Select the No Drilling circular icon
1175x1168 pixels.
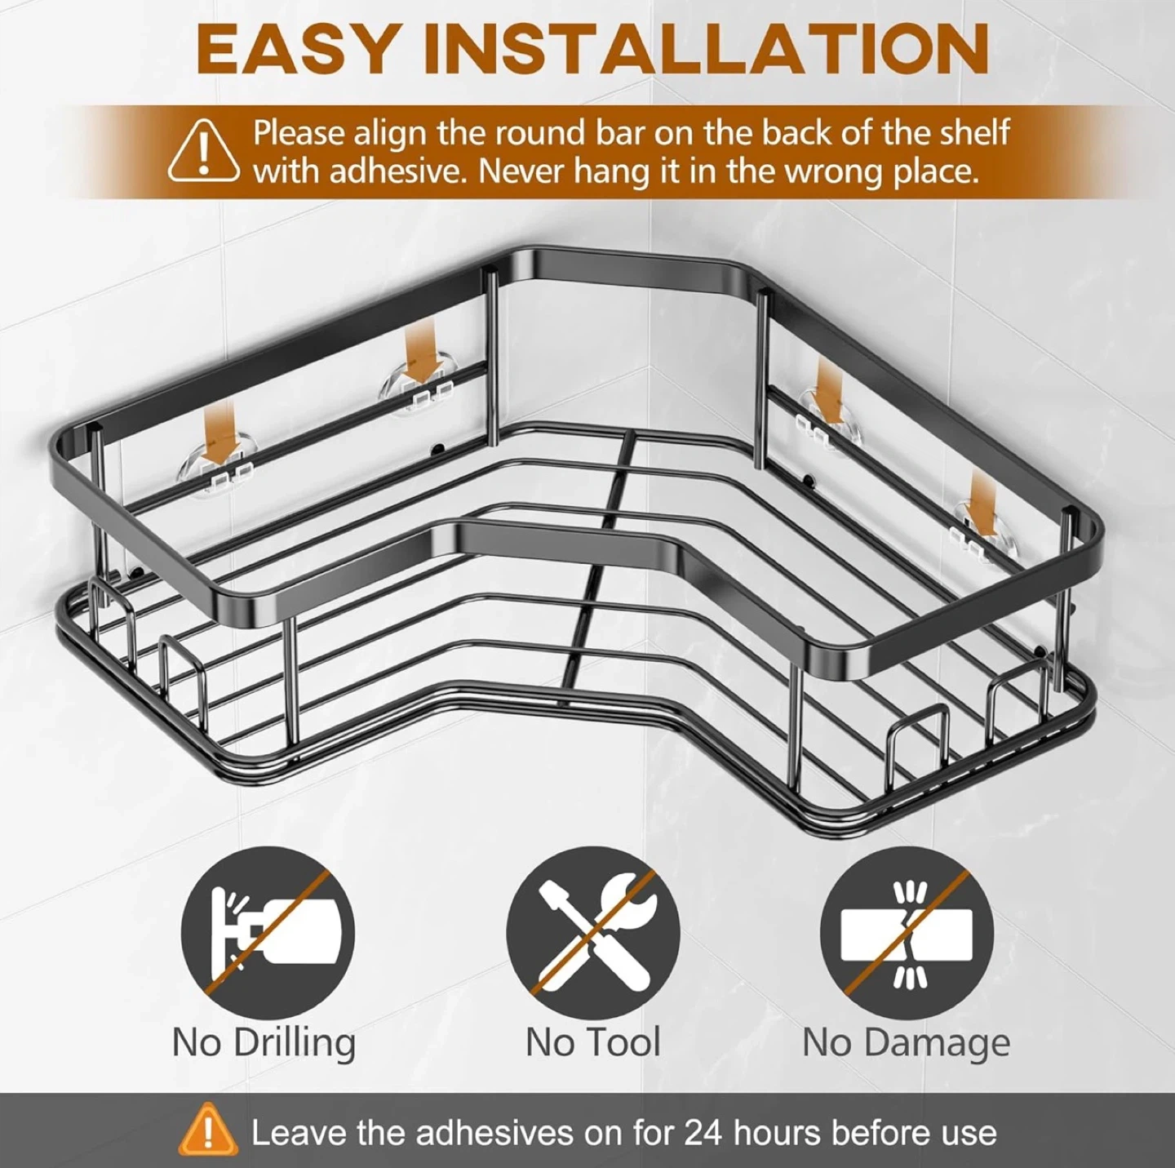[267, 934]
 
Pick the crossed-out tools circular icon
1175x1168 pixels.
[592, 934]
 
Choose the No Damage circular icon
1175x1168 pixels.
[907, 934]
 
